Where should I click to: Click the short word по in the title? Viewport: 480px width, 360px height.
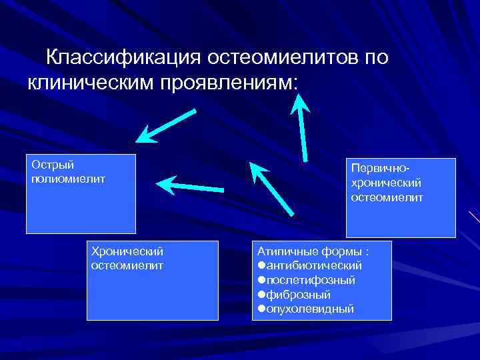click(375, 57)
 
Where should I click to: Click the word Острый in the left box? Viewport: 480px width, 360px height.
click(52, 165)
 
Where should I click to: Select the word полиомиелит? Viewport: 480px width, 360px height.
click(68, 179)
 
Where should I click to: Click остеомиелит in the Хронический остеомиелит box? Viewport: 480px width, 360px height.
click(126, 265)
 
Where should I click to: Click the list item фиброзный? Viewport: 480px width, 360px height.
click(299, 295)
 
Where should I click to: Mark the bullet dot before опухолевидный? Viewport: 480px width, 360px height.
click(262, 309)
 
